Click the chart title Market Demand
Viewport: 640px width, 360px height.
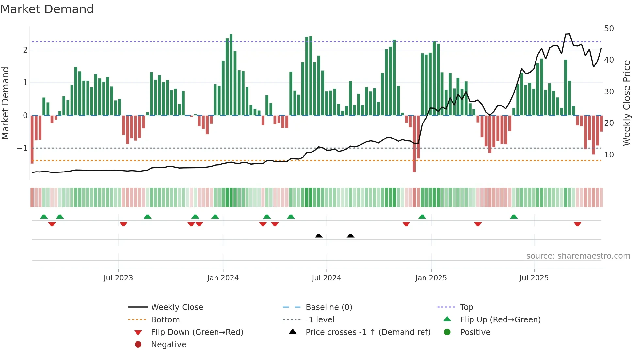tap(47, 9)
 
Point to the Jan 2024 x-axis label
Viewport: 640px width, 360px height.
tap(223, 278)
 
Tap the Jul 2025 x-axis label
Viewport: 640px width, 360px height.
tap(534, 278)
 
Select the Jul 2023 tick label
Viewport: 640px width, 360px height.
tap(118, 278)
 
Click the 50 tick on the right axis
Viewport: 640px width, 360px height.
tap(609, 29)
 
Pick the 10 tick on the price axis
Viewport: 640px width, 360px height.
tap(609, 155)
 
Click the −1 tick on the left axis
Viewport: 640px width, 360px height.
tap(22, 148)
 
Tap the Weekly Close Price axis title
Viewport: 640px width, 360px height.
tap(626, 103)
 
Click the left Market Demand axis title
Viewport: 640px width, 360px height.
tap(6, 103)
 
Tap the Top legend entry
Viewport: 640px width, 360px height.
tap(466, 307)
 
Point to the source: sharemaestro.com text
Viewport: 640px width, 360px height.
tap(578, 256)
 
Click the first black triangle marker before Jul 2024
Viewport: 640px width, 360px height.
tap(319, 236)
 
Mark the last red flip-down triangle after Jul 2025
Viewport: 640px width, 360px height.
tap(577, 224)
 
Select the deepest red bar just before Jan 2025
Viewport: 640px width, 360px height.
tap(414, 144)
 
